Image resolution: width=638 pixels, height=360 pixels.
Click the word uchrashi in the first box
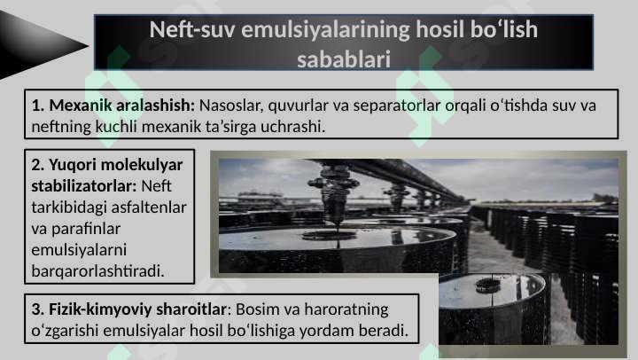(x=296, y=127)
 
